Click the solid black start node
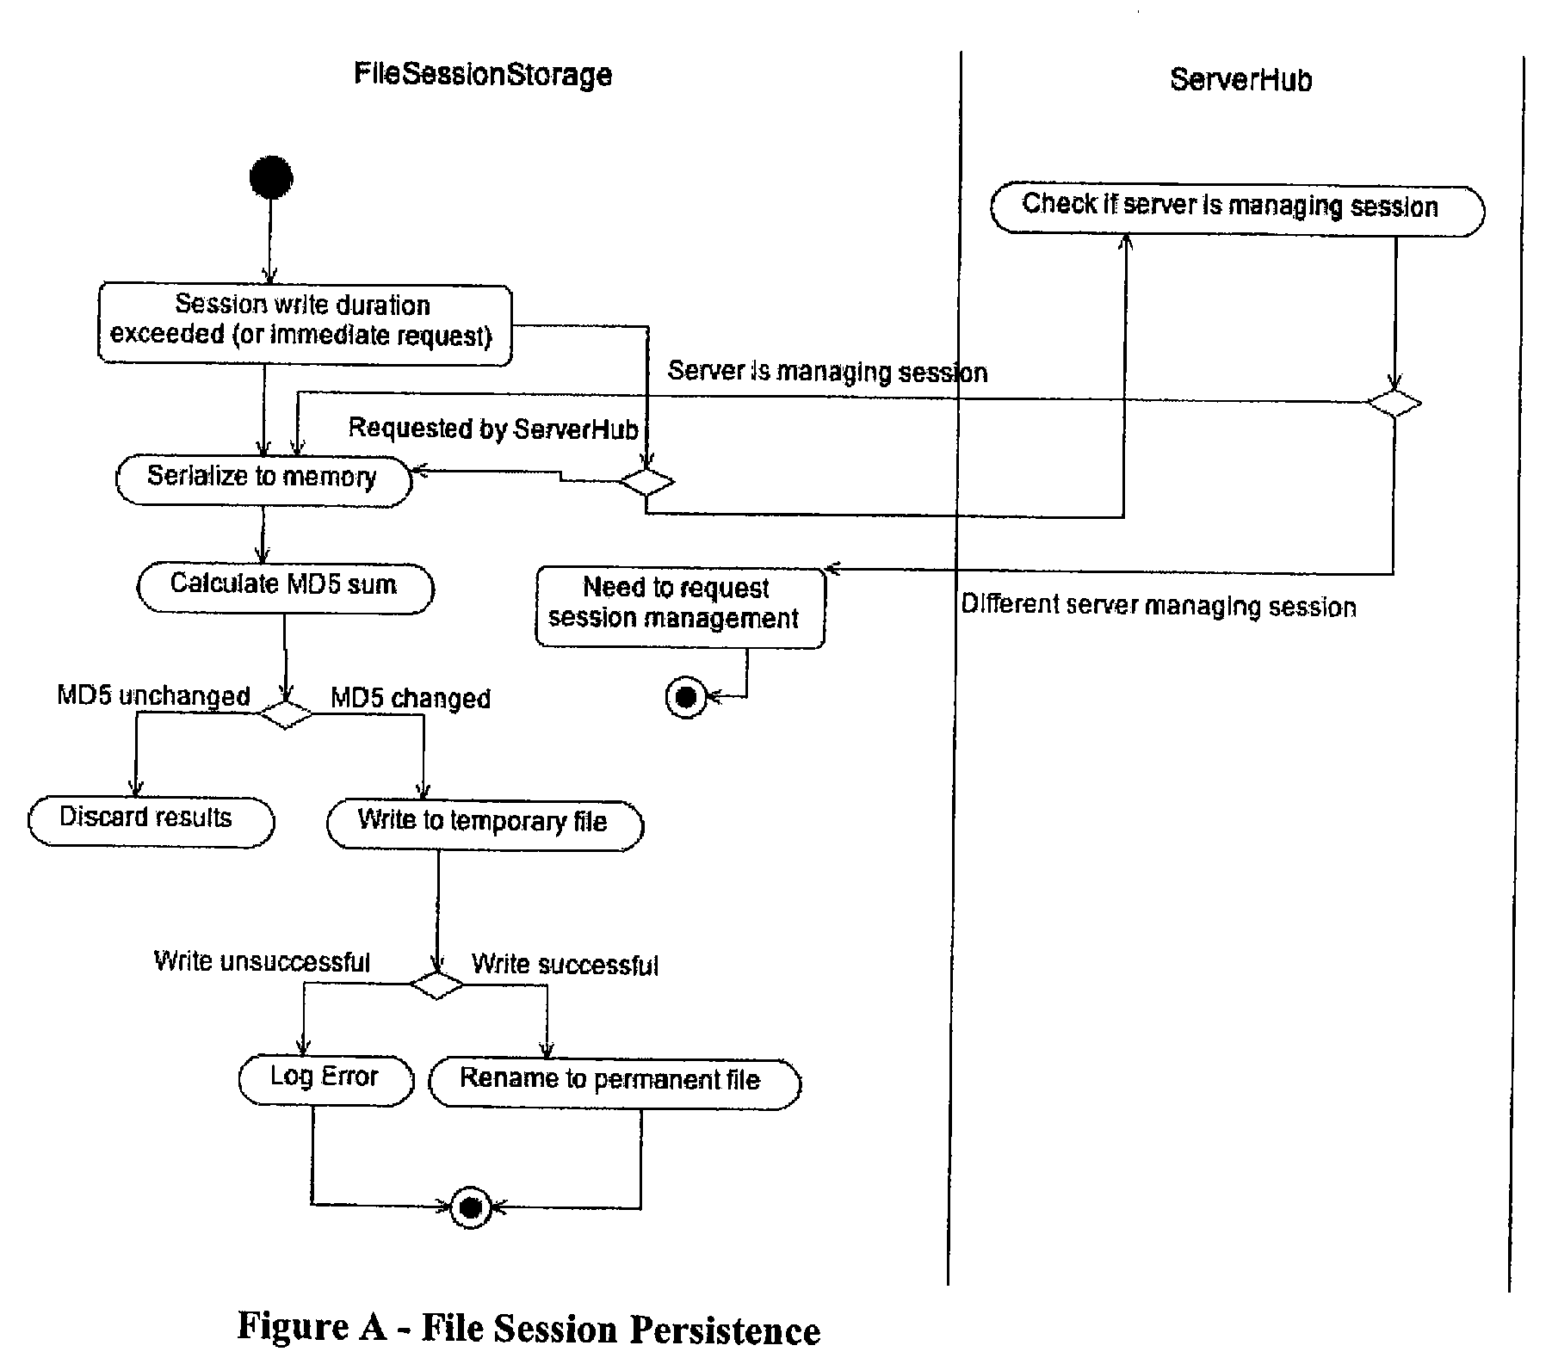click(x=271, y=178)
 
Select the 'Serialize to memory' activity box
click(x=264, y=480)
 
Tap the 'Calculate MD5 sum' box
click(x=286, y=589)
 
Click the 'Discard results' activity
click(x=151, y=822)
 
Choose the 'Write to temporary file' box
click(x=485, y=825)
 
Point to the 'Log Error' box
click(x=326, y=1081)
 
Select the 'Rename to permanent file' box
click(x=615, y=1083)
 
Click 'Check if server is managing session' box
click(x=1238, y=209)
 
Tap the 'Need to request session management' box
click(x=680, y=608)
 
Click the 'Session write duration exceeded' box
click(x=305, y=324)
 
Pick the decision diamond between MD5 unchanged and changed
click(x=286, y=713)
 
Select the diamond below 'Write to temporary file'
click(x=436, y=984)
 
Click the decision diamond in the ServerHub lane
click(x=1394, y=403)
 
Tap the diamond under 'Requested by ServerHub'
click(x=647, y=482)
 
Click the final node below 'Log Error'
click(x=471, y=1208)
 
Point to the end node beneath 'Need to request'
click(x=686, y=697)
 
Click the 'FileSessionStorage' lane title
click(x=483, y=75)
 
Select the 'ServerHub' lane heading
click(x=1240, y=80)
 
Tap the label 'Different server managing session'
click(x=1159, y=606)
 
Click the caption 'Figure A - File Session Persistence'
click(x=529, y=1328)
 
